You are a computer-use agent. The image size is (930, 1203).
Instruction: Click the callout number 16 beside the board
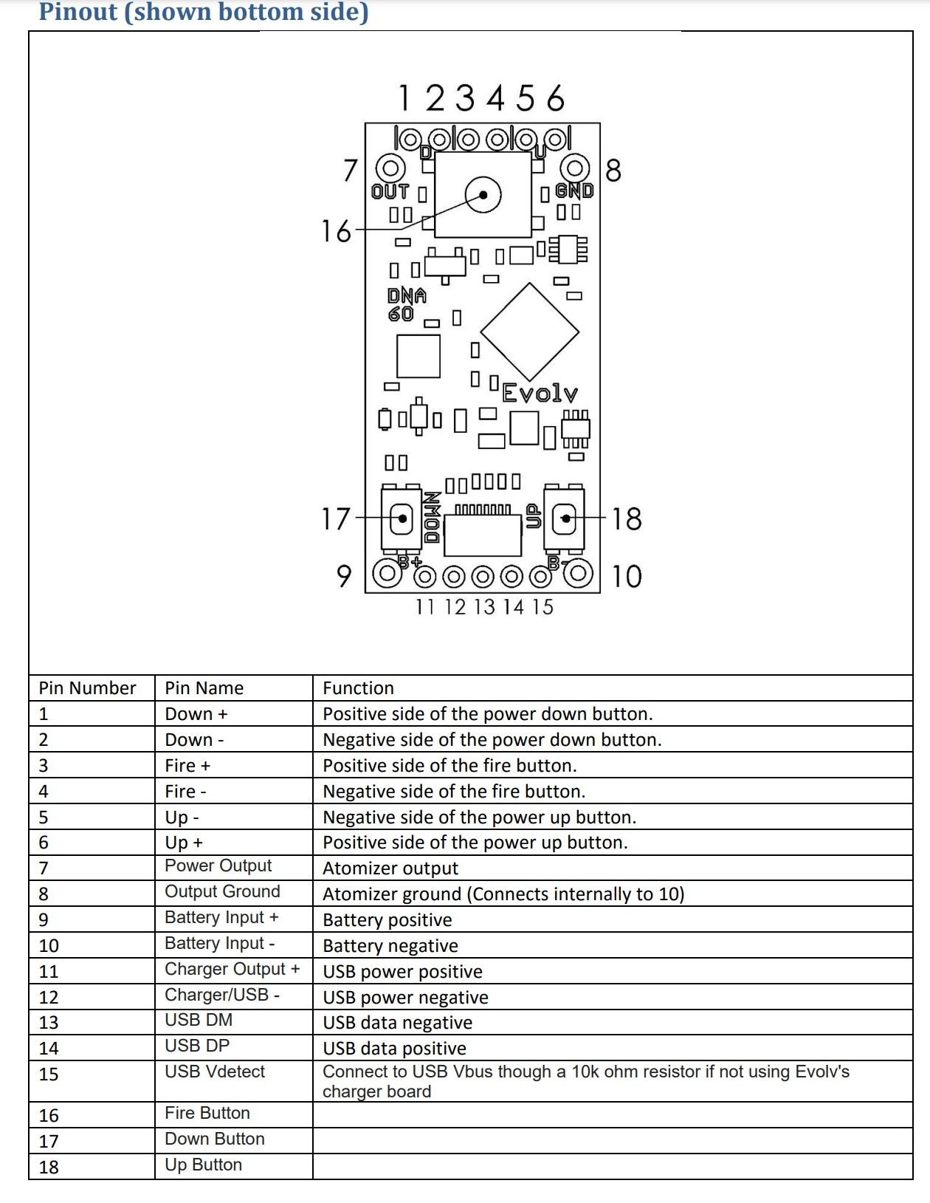coord(337,231)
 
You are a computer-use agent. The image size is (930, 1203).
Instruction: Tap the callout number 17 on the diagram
coord(335,518)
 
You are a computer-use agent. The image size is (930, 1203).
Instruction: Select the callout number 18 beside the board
coord(627,518)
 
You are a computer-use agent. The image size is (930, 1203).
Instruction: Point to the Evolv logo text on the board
coord(540,393)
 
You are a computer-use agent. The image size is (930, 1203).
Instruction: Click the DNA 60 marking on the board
coord(406,304)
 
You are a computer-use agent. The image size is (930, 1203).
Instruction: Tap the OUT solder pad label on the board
coord(390,192)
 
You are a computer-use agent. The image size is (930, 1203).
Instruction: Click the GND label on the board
coord(574,191)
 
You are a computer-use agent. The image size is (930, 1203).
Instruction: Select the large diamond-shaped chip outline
coord(529,332)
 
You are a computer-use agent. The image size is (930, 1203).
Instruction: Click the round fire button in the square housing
coord(483,196)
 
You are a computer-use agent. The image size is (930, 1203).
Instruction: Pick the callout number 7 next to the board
coord(350,171)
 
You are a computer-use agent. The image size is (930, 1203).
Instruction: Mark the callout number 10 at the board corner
coord(627,576)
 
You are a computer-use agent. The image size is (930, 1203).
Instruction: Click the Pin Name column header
coord(204,688)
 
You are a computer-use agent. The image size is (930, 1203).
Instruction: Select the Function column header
coord(359,688)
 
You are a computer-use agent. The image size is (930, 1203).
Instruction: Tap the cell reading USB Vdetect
coord(215,1072)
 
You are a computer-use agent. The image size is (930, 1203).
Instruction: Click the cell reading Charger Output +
coord(232,969)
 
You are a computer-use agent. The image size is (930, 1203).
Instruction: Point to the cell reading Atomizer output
coord(390,868)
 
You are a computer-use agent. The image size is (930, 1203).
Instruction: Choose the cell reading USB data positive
coord(395,1049)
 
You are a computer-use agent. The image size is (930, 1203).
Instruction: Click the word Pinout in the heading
coord(78,12)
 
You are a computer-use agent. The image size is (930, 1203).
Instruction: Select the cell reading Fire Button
coord(207,1113)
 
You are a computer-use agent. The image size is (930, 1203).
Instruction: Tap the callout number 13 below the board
coord(484,607)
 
